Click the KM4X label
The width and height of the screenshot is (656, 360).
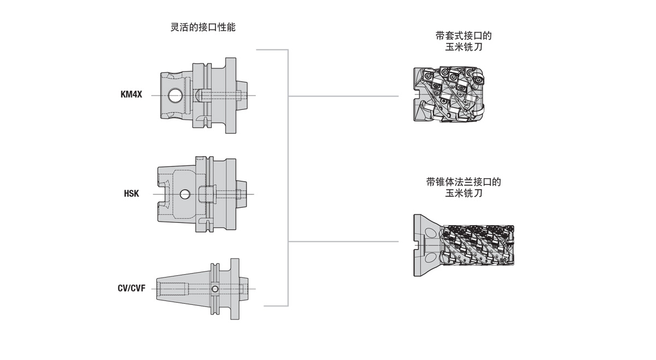(x=131, y=95)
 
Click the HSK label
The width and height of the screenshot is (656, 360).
(x=131, y=194)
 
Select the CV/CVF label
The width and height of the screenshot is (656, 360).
(x=131, y=288)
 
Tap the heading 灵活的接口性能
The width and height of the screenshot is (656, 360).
(x=203, y=27)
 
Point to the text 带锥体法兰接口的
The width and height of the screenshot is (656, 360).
(x=464, y=182)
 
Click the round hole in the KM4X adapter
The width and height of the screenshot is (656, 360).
(x=176, y=96)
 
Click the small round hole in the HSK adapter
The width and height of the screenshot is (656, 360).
(x=185, y=194)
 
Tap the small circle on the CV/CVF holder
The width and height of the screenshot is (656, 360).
(x=214, y=289)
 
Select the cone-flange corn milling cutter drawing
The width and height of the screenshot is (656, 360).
(x=464, y=245)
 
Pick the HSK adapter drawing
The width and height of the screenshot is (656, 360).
(x=200, y=194)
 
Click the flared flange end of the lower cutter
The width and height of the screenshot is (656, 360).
(x=423, y=245)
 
